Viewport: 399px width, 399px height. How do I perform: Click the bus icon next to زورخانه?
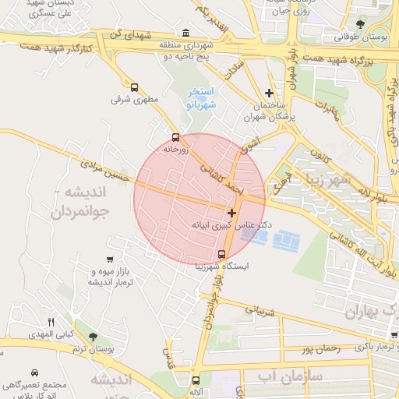(175, 137)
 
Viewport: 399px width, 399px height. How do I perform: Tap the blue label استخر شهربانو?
(202, 97)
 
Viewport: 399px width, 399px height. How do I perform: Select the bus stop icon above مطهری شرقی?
(135, 88)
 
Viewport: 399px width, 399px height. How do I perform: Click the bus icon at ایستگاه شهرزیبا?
(222, 254)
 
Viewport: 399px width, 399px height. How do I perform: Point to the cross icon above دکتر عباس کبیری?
(231, 212)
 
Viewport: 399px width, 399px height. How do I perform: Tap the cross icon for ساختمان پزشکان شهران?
(270, 92)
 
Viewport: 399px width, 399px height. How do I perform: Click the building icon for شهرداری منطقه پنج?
(185, 34)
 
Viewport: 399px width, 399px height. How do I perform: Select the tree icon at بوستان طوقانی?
(359, 26)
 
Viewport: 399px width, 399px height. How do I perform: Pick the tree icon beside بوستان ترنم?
(93, 337)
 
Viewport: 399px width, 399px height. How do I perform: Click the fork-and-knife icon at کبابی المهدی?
(51, 322)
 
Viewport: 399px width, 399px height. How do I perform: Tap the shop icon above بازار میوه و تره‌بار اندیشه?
(110, 260)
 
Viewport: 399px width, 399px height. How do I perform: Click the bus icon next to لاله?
(195, 380)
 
